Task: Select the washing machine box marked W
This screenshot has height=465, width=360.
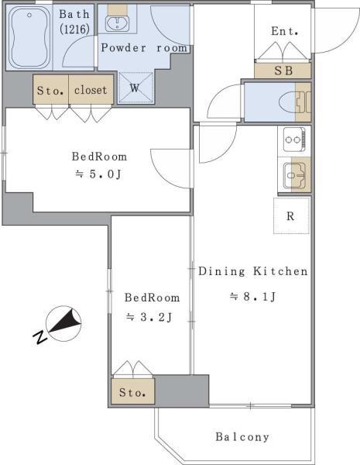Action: click(x=135, y=88)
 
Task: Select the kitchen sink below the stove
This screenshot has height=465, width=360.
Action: click(x=293, y=175)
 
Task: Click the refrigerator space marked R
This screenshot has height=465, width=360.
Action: click(x=291, y=216)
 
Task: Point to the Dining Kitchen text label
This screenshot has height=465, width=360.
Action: click(x=253, y=271)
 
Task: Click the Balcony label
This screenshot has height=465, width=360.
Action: click(x=242, y=437)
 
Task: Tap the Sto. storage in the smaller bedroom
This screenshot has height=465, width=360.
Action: click(x=133, y=392)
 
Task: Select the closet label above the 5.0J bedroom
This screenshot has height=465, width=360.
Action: click(x=91, y=89)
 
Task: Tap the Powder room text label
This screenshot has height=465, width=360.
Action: click(x=143, y=48)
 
